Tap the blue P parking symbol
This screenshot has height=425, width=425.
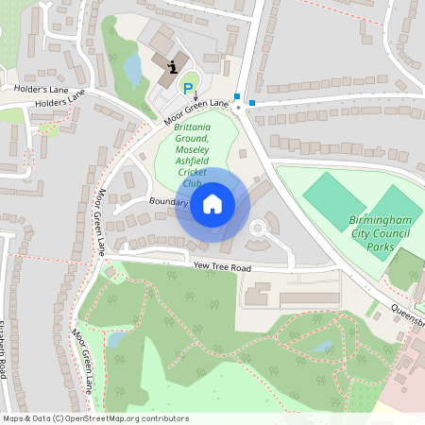[188, 89]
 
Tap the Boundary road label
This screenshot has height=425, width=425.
[169, 202]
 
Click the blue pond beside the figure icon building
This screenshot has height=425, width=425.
[133, 67]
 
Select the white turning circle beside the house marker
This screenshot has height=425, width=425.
[258, 229]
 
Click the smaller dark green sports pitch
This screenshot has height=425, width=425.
[332, 194]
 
